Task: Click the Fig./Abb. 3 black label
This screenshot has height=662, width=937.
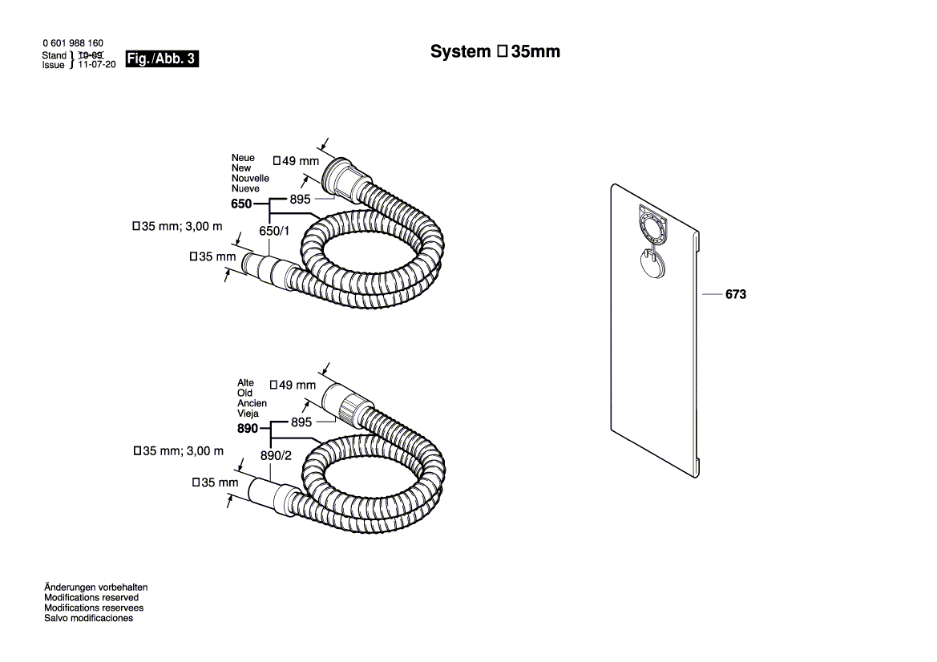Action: point(162,59)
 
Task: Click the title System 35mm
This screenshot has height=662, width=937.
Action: point(495,52)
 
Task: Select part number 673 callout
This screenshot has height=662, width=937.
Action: point(735,295)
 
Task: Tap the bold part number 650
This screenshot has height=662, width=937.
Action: point(241,204)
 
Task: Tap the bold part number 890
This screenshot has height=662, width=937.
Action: point(247,429)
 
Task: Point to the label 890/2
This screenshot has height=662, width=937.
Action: point(275,454)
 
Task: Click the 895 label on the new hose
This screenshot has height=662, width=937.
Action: point(300,200)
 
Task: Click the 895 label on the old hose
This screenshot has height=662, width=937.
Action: point(301,422)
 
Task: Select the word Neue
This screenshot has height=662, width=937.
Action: point(243,157)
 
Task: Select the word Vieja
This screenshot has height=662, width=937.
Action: point(248,414)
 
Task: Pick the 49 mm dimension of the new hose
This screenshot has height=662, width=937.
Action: point(296,160)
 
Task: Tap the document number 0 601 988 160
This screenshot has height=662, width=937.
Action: point(72,42)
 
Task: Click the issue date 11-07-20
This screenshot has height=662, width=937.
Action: point(96,65)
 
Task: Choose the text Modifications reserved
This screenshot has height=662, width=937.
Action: point(91,598)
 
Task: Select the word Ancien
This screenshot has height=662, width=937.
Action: point(252,403)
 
